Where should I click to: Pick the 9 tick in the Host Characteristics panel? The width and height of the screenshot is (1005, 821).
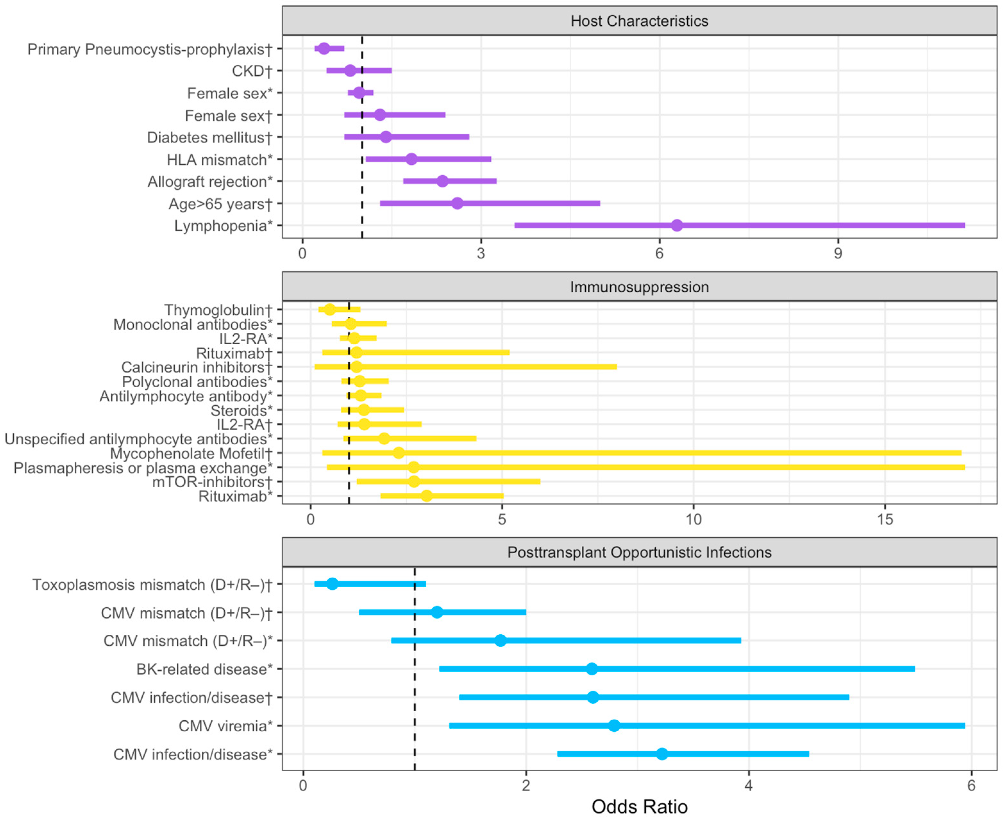838,254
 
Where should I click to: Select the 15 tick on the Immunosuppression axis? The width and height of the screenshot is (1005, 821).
885,520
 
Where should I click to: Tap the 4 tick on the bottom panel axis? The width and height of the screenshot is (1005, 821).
748,785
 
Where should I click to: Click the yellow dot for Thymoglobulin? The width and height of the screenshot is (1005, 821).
330,310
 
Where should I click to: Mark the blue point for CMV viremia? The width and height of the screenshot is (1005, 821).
614,725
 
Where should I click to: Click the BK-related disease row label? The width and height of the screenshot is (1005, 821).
204,669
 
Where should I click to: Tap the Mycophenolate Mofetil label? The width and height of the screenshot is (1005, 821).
191,454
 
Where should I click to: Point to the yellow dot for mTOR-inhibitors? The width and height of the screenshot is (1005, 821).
414,482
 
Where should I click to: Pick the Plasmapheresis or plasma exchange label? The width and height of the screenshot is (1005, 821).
143,468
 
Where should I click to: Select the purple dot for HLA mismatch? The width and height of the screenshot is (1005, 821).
412,159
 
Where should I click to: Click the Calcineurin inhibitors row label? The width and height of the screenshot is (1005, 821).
197,367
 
